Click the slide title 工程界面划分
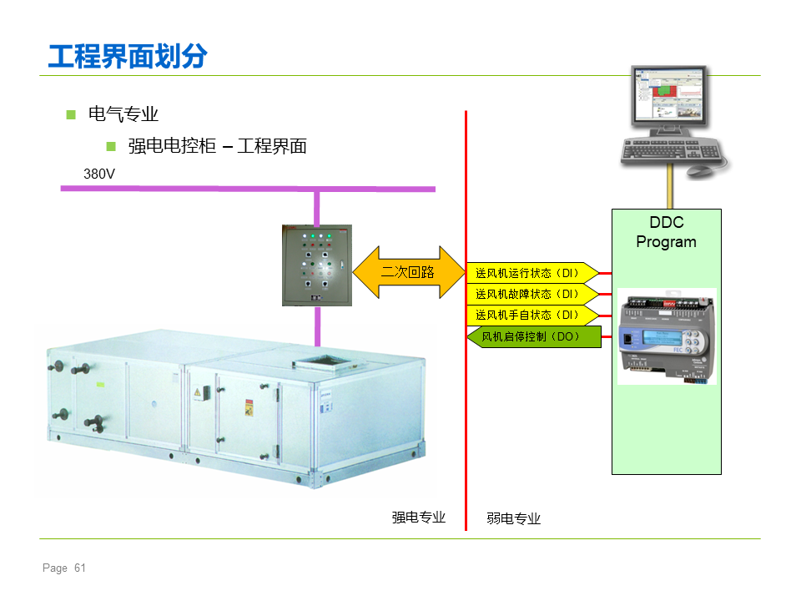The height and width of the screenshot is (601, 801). click(128, 56)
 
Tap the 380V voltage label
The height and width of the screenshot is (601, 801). click(99, 174)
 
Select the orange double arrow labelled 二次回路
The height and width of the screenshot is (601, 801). click(409, 272)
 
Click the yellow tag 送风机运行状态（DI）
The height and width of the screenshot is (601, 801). click(531, 273)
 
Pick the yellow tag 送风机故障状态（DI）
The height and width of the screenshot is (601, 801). click(531, 294)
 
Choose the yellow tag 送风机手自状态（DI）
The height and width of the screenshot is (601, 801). click(531, 315)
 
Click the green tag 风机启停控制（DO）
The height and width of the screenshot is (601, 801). click(534, 336)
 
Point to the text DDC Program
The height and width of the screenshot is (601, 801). click(666, 232)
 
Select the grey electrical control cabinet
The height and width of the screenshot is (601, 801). click(317, 265)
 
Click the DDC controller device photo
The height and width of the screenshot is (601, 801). click(667, 336)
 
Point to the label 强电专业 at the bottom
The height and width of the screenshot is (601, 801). click(418, 518)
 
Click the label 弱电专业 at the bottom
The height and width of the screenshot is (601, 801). click(513, 518)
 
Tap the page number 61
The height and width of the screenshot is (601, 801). click(80, 568)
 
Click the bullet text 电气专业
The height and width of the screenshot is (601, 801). click(123, 114)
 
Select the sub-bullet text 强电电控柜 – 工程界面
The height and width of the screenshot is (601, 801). click(217, 146)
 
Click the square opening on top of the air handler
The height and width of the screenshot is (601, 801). click(322, 361)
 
